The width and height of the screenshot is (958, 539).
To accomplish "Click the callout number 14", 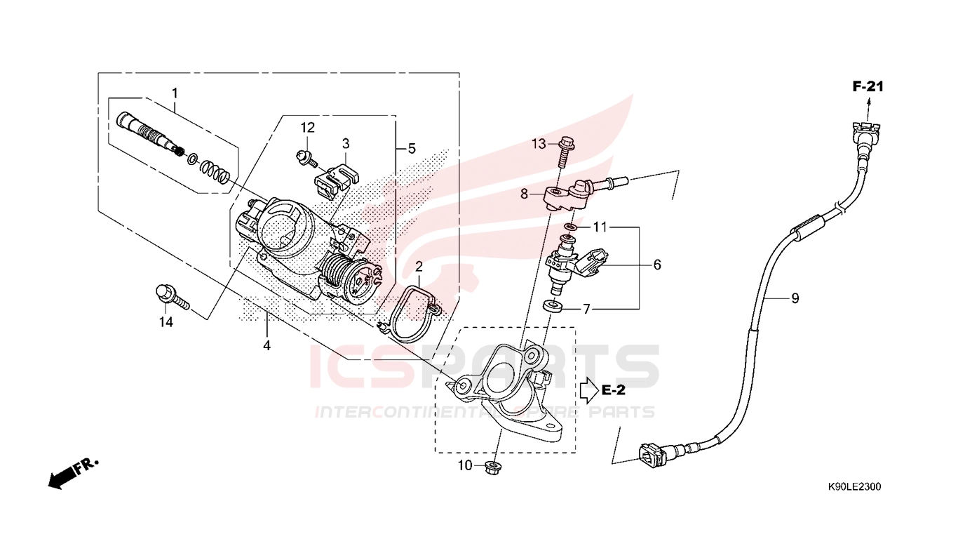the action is click(x=166, y=322).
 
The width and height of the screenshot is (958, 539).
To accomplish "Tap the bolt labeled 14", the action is click(x=172, y=297).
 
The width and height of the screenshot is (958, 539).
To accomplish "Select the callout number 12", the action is click(x=307, y=128).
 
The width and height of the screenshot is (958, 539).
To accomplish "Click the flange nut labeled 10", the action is click(x=494, y=468).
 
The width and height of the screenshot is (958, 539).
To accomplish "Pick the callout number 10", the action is click(x=465, y=465).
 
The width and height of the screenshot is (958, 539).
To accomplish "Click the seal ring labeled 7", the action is click(x=553, y=306).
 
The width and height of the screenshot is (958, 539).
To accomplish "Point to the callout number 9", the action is click(x=795, y=298).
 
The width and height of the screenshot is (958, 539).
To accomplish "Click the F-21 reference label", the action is click(x=868, y=87).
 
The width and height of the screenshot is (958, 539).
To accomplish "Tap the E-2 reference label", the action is click(x=613, y=390).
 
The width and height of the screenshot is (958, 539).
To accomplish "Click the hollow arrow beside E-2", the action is click(x=589, y=390).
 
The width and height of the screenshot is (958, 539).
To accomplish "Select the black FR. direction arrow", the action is click(x=61, y=478).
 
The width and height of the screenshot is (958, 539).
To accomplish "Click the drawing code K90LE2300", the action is click(x=854, y=487).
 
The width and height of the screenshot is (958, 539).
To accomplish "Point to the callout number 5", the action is click(x=412, y=149).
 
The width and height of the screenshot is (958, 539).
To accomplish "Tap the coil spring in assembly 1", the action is click(x=215, y=172).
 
